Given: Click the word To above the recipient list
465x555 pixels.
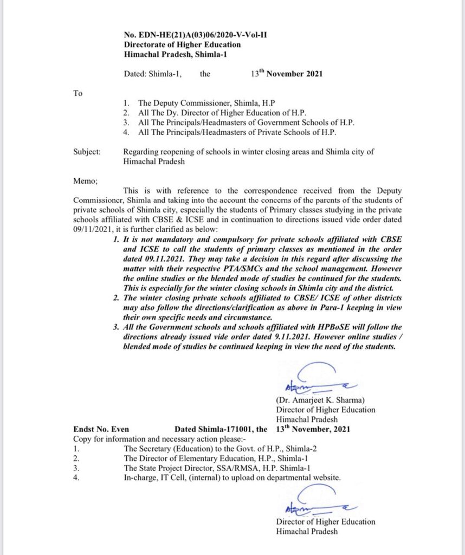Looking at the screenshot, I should (77, 93).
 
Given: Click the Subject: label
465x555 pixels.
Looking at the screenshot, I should (87, 152).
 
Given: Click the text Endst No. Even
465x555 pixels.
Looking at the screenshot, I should (101, 429).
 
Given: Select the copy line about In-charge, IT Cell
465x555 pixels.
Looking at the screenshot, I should (232, 478).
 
